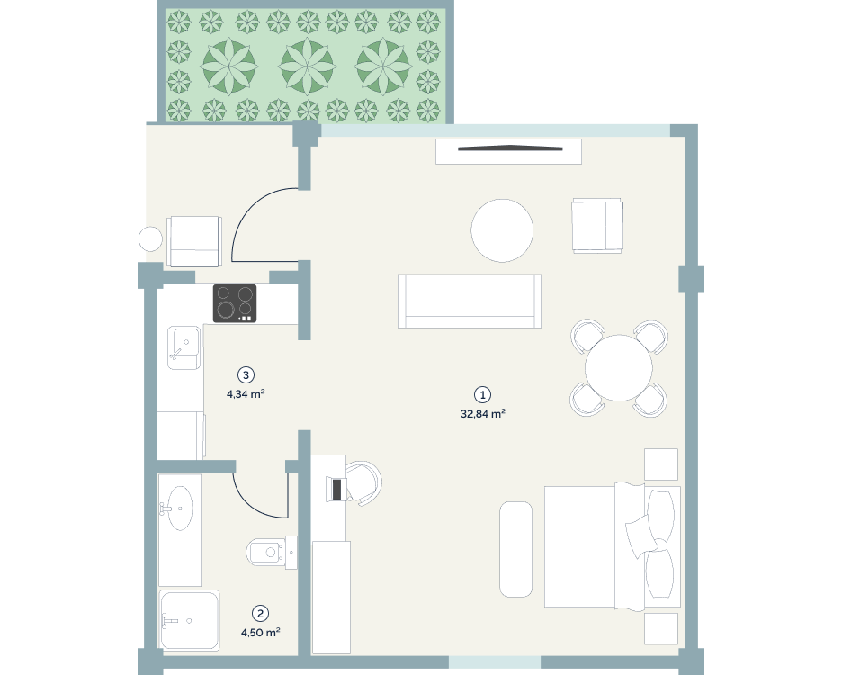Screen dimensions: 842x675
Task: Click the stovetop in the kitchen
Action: point(235,303)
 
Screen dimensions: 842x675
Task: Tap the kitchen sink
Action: point(184,347)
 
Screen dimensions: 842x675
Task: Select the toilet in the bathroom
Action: point(272,552)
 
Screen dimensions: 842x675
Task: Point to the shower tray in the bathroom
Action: point(189,620)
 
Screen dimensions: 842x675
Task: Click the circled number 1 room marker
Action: point(482,395)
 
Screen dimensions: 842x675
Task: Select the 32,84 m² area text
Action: point(483,414)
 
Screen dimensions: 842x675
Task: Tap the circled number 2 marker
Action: point(261,613)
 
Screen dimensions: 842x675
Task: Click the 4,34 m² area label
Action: point(246,394)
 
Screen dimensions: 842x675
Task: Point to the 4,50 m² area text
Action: point(261,633)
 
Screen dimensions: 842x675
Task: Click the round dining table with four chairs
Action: point(619,368)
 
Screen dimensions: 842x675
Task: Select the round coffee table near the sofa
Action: point(502,230)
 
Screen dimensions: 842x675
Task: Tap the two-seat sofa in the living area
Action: point(470,301)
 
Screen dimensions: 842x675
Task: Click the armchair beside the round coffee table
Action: point(597,226)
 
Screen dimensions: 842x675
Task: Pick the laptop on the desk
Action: point(336,489)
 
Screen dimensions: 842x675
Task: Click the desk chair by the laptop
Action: point(364,483)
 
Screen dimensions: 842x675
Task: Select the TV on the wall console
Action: point(510,148)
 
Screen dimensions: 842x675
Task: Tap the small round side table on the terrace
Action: point(150,239)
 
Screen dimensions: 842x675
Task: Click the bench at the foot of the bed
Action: point(516,549)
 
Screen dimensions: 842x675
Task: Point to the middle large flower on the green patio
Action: point(307,67)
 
